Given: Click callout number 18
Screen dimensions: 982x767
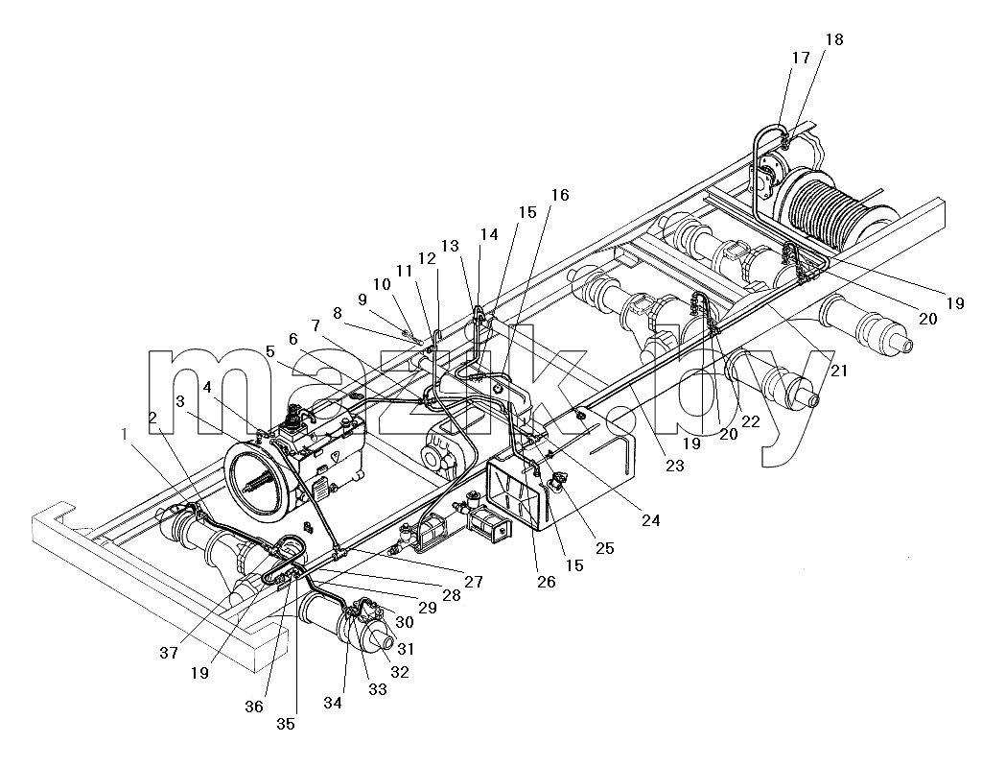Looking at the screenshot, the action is [x=834, y=39].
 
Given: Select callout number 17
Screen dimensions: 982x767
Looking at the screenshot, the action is [x=801, y=59].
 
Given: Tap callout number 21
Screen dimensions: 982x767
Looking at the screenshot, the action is [x=838, y=371].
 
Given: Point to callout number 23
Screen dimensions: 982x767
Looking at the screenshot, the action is [x=674, y=466].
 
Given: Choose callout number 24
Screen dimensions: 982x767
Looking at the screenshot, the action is [x=651, y=520].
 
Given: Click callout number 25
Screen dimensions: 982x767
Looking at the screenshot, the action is [x=604, y=548].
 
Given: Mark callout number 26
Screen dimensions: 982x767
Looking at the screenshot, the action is [x=546, y=582].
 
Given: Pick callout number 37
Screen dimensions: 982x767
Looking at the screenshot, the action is [x=169, y=653].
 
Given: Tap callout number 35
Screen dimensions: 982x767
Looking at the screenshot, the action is [x=286, y=724].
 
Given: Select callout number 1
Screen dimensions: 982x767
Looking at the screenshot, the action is [x=125, y=434].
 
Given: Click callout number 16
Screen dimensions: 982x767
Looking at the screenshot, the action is [x=560, y=195].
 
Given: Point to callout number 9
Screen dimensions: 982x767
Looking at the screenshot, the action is [x=362, y=300].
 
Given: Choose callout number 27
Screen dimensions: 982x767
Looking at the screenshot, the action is [x=474, y=582].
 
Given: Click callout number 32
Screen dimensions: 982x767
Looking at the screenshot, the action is [x=400, y=672].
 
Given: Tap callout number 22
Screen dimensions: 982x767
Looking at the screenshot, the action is [x=750, y=421].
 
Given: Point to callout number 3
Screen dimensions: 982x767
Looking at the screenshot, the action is [x=180, y=401].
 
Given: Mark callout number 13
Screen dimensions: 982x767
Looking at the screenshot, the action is [x=450, y=245].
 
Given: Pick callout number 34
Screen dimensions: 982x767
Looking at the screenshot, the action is [x=333, y=703].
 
